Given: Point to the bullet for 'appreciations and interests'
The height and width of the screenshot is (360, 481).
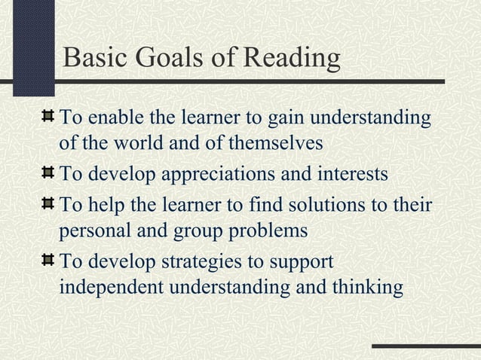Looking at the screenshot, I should coord(48,175).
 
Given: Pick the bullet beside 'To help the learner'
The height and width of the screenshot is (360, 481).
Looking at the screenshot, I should coord(48,205).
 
